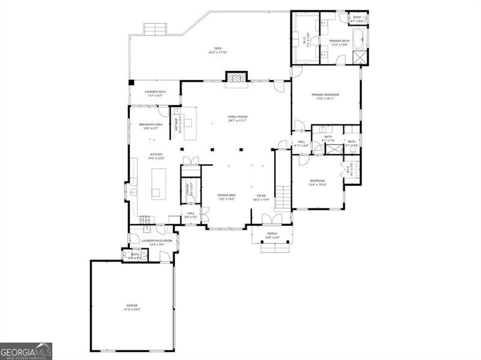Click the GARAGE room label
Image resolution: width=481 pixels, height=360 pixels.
coord(132,305)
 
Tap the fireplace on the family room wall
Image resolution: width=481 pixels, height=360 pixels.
coord(236,77)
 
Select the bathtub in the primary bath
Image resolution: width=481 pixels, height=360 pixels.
coord(358,38)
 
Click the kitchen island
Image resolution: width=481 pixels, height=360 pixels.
coord(158,183)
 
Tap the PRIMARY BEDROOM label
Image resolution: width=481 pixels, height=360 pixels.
coord(325,94)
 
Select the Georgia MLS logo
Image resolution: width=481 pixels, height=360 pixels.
coord(26,351)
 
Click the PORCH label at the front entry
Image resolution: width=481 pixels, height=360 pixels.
coord(272,233)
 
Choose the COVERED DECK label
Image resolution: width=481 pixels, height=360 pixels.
coord(155,92)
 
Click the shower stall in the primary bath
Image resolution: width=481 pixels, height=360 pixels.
coord(360,58)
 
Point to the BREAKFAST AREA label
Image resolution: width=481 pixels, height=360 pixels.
coord(150,124)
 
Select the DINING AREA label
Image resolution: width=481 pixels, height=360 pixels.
coord(226,195)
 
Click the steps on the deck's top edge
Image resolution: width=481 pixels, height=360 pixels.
coord(154,28)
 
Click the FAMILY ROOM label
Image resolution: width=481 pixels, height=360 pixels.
coord(237,117)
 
